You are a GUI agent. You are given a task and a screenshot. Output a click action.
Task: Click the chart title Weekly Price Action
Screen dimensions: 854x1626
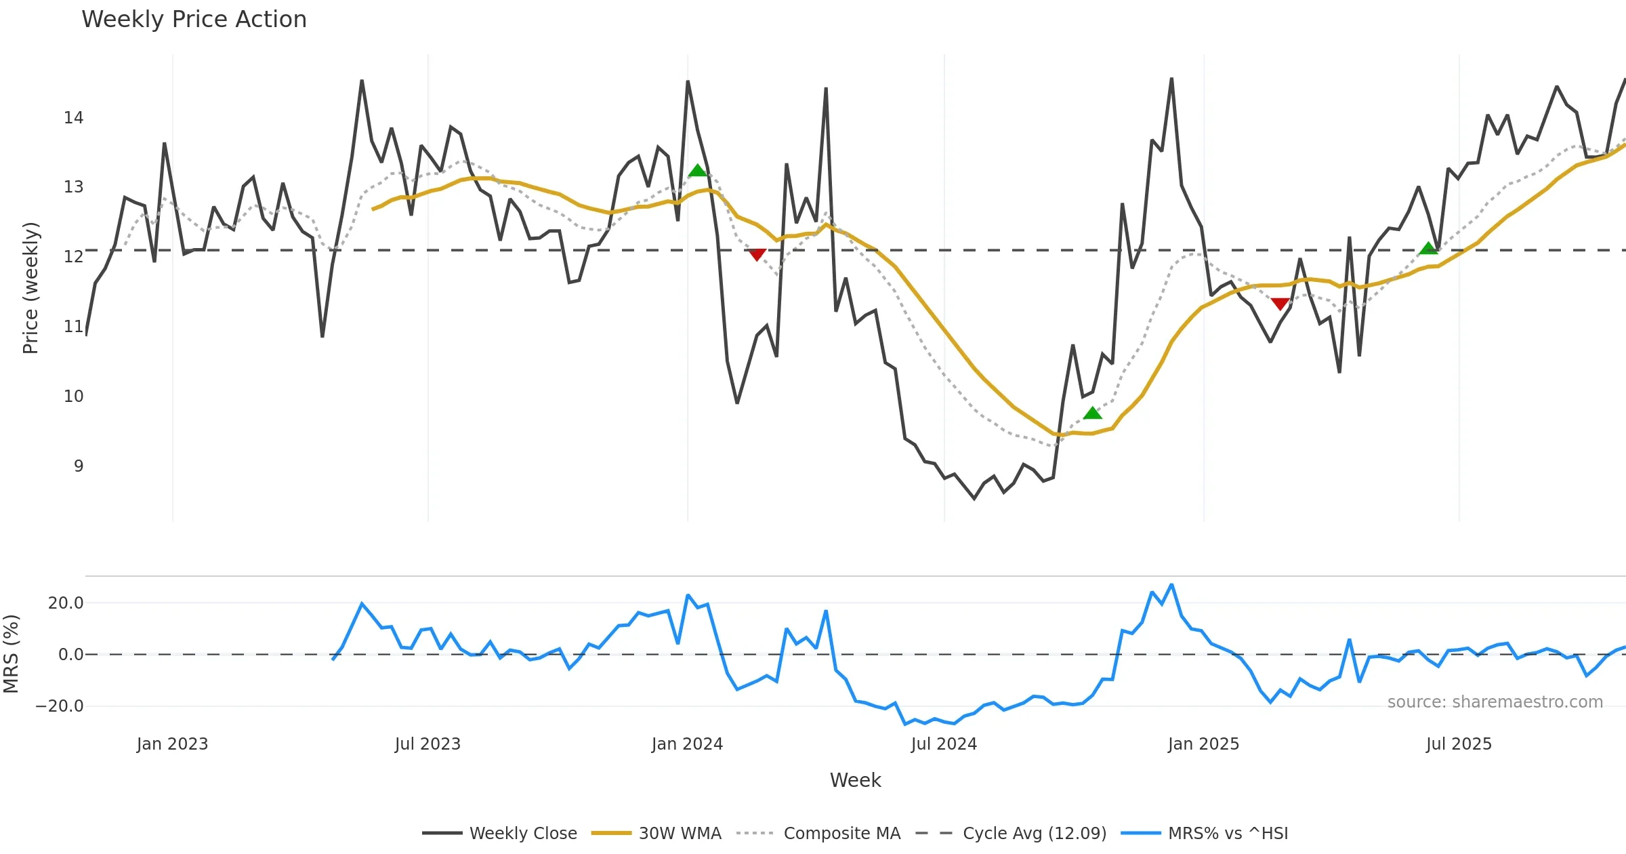point(194,20)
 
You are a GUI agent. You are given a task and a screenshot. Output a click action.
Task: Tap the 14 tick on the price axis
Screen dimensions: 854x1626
point(74,118)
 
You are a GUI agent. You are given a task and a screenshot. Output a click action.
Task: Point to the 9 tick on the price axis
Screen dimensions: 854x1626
point(79,466)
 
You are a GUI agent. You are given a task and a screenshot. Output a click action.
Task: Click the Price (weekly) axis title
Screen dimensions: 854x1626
point(31,288)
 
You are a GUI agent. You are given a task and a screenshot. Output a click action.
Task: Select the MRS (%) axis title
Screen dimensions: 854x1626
point(11,653)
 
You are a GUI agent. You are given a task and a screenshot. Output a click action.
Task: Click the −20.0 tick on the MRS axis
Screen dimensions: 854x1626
point(60,706)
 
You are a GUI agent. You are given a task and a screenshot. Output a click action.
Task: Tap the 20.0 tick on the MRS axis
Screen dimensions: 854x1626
point(66,603)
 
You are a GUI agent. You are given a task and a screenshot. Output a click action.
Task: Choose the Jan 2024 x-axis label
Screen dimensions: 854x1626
point(687,744)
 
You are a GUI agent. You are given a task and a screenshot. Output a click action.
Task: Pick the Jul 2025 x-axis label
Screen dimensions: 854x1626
point(1459,744)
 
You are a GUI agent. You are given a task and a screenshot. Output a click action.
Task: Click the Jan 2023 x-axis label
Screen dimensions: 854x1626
point(172,744)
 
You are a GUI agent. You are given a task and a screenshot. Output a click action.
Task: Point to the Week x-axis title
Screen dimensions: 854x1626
point(855,781)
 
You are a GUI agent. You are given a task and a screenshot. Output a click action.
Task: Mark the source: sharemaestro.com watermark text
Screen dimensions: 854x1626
point(1495,702)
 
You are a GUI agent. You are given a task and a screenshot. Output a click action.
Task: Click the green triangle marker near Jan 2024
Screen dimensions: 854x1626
point(697,170)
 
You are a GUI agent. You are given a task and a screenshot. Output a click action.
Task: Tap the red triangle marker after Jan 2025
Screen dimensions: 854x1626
point(1280,304)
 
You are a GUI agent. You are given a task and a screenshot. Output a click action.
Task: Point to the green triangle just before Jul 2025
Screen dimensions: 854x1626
point(1428,249)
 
